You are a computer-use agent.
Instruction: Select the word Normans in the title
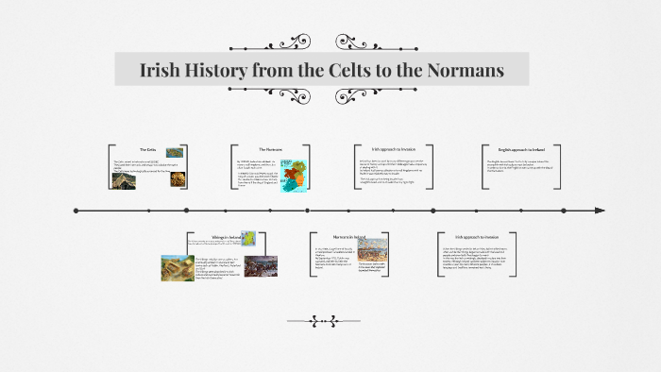pyautogui.click(x=465, y=71)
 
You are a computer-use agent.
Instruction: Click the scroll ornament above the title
pyautogui.click(x=321, y=42)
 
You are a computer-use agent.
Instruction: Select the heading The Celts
pyautogui.click(x=147, y=149)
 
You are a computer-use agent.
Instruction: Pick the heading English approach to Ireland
pyautogui.click(x=522, y=149)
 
